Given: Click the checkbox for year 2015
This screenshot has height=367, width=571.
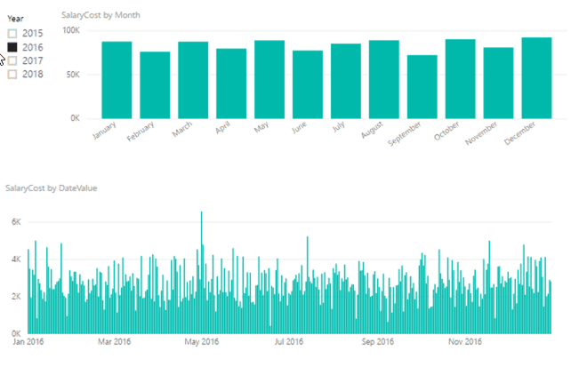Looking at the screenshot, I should coord(12,34).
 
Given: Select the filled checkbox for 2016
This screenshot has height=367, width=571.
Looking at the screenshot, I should coord(12,47).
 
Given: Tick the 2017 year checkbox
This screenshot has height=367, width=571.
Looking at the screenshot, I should coord(12,60).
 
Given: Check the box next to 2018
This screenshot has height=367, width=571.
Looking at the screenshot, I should coord(12,75).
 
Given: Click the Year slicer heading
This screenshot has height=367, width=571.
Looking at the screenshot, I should coord(16,17).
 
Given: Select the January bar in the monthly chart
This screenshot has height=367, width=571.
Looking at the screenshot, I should coord(117,80).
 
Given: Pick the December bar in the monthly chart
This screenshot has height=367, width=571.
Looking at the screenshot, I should coord(536,78).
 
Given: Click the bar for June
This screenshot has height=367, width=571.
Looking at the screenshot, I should coord(308,84).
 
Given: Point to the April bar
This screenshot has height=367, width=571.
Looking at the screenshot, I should coord(231,84).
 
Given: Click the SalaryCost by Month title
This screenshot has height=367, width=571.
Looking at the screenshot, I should coord(101,15).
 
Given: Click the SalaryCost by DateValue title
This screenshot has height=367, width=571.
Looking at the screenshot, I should coord(51,188).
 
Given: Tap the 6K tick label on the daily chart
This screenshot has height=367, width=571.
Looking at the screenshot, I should coord(14,221).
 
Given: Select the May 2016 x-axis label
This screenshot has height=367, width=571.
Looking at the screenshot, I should coord(202,340).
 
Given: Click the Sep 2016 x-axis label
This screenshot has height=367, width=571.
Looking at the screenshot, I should coord(378,340).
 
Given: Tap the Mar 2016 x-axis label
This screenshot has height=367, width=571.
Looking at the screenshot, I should coord(115,340).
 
